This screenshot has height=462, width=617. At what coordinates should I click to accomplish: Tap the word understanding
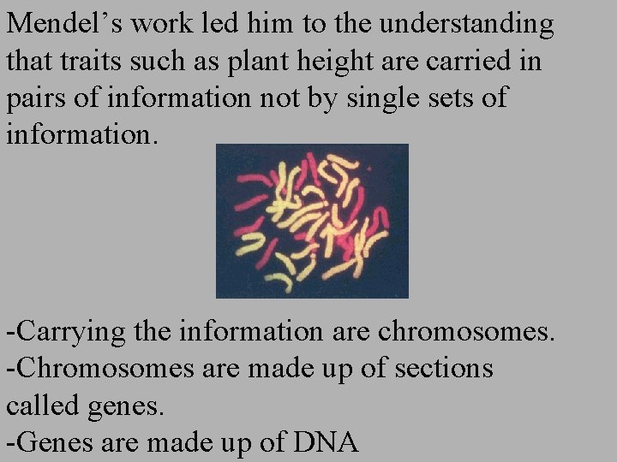click(466, 24)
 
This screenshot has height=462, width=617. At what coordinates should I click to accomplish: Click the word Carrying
click(68, 332)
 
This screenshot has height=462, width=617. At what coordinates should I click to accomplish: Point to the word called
click(44, 406)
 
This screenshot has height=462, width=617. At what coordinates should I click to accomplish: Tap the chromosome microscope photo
click(312, 220)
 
